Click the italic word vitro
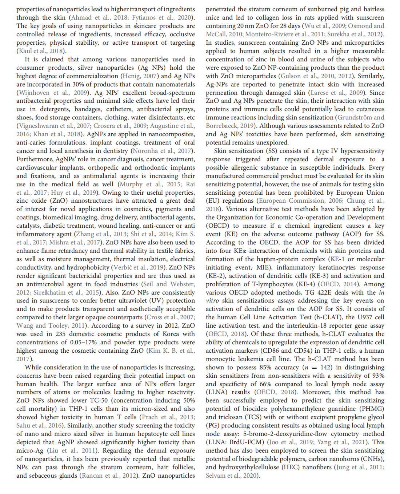tap(212, 300)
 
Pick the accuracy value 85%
tap(265, 367)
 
